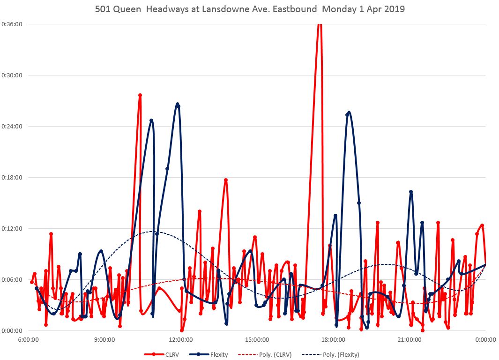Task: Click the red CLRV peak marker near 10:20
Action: pos(140,95)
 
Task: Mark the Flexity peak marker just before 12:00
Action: pos(179,106)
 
